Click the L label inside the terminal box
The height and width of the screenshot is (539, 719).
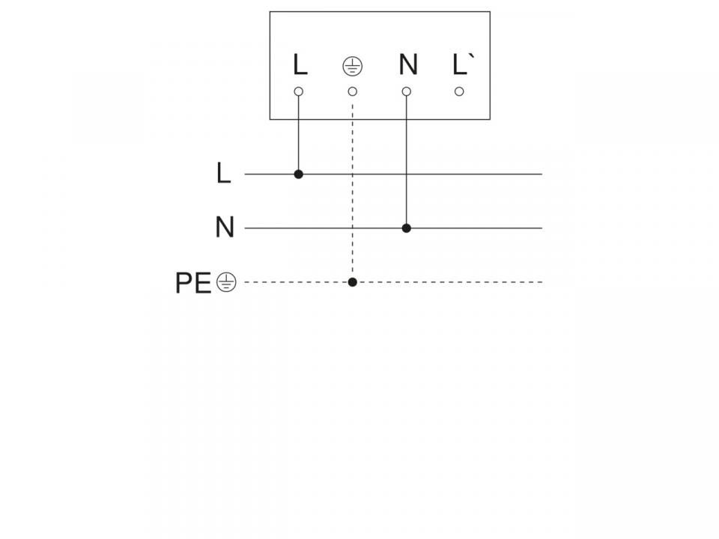point(300,65)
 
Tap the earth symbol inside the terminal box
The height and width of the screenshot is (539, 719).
point(352,66)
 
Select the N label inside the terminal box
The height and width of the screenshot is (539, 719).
point(407,65)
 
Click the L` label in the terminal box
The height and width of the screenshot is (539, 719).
point(461,65)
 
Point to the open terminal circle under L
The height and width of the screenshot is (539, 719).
point(299,91)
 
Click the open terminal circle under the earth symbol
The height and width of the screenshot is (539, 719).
point(353,91)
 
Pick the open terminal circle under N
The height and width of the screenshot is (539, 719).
point(407,91)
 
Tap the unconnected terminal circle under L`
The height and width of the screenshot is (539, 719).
point(460,91)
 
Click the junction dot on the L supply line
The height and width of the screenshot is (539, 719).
point(299,174)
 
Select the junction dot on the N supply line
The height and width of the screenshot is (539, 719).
point(407,228)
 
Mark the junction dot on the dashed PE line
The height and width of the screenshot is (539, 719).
point(353,282)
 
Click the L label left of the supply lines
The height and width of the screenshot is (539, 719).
point(223,174)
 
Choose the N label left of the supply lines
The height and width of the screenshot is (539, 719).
point(225,228)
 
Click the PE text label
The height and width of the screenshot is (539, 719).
point(193,283)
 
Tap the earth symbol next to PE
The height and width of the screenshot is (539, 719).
point(226,282)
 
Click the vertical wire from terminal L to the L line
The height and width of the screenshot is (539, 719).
point(299,135)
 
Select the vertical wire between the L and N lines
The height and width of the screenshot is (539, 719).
point(407,201)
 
